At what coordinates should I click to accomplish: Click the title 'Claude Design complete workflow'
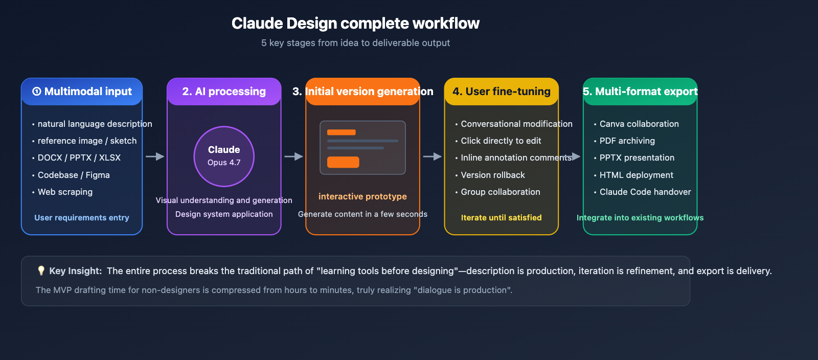[x=355, y=24]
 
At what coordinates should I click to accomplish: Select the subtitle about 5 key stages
[x=355, y=43]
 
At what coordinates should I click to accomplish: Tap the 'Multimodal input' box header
[x=82, y=92]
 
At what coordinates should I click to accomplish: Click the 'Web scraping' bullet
[x=65, y=192]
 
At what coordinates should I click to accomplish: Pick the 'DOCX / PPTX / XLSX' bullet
[x=79, y=157]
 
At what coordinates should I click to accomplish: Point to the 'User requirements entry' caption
[x=82, y=217]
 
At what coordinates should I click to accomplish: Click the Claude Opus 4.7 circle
[x=224, y=156]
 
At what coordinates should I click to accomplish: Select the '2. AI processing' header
[x=224, y=92]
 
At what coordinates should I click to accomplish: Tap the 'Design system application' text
[x=224, y=214]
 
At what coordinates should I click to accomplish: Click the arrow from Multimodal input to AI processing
[x=154, y=156]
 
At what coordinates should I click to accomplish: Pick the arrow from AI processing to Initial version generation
[x=293, y=156]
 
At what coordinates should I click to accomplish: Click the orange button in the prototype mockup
[x=343, y=162]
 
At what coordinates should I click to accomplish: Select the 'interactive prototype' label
[x=362, y=196]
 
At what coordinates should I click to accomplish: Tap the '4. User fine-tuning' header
[x=501, y=92]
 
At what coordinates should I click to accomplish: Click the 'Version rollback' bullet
[x=492, y=175]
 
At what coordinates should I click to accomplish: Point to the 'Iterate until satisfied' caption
[x=501, y=217]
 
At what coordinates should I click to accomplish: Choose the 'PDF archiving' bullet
[x=627, y=141]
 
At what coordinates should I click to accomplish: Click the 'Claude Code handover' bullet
[x=645, y=192]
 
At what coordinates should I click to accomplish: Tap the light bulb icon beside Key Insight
[x=41, y=271]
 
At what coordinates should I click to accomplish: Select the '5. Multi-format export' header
[x=640, y=92]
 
